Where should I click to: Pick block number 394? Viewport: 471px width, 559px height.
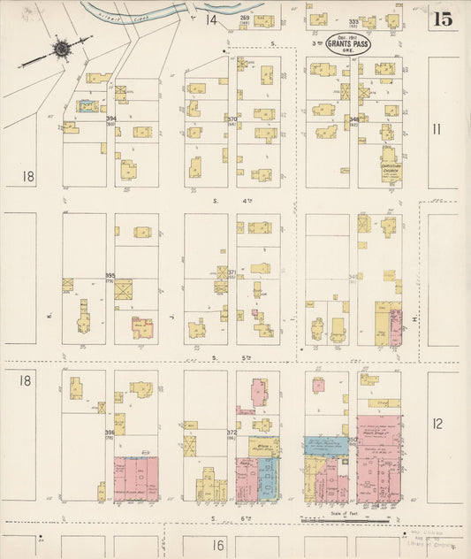coord(111,119)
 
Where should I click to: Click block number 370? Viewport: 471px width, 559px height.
coord(232,119)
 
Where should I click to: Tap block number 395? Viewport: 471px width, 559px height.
coord(110,276)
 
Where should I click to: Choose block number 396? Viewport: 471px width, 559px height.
coord(110,433)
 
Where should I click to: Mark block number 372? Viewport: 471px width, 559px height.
coord(232,433)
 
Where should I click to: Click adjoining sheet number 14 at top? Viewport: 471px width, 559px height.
coord(211,19)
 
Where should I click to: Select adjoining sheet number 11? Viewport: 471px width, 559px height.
coord(437,129)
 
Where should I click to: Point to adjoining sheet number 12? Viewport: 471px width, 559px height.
coord(437,424)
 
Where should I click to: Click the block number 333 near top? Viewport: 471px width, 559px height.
coord(353,20)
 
